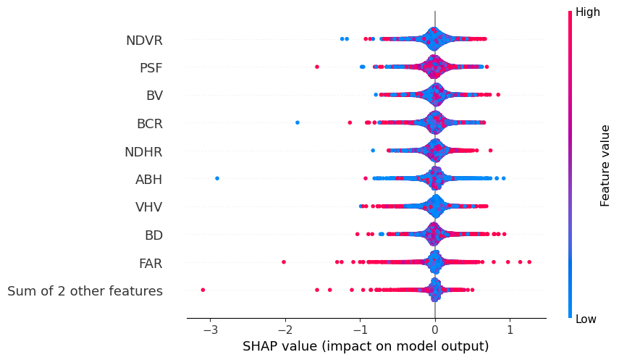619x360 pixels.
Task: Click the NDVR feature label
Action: [x=144, y=41]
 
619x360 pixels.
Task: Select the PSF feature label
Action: [x=151, y=68]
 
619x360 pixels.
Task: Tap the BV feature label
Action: [x=154, y=96]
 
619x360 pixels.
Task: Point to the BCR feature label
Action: [x=149, y=124]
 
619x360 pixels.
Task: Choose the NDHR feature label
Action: [x=143, y=152]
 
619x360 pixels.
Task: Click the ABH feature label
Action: [x=148, y=180]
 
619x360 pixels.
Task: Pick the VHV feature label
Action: [x=148, y=207]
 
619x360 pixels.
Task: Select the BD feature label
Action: [x=153, y=235]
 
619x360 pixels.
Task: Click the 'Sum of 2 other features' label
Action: [x=85, y=291]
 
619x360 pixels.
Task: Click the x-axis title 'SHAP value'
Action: [x=366, y=346]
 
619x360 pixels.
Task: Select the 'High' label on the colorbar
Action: [x=587, y=12]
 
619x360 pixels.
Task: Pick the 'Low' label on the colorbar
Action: [x=586, y=319]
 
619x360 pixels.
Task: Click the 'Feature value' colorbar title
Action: [x=605, y=165]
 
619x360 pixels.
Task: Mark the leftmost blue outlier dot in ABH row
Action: [x=217, y=177]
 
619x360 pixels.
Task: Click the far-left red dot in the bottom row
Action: [x=203, y=290]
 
